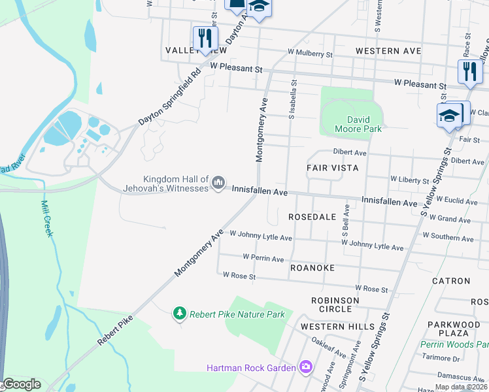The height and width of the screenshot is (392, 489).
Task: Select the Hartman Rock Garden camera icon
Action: coord(305,367)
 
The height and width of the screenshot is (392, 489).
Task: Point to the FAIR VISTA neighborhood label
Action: coord(333,168)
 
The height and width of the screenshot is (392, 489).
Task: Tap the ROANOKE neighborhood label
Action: coord(312,268)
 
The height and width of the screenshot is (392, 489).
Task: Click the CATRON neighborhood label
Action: coord(451,281)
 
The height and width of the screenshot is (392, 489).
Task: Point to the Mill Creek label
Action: coord(46,218)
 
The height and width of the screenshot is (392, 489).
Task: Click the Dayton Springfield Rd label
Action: coord(168,98)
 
